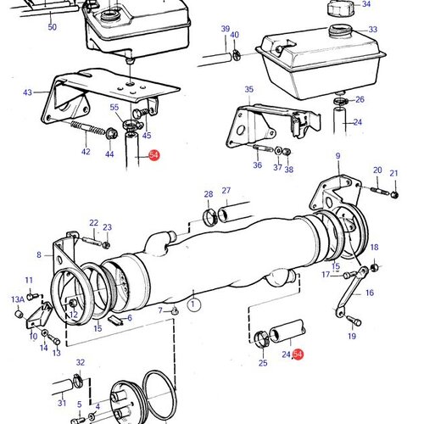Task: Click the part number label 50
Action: point(52,28)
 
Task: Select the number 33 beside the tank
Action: point(372,30)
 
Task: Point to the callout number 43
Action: point(27,92)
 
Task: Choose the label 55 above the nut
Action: point(114,108)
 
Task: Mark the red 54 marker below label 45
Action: point(153,155)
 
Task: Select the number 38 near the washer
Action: point(289,170)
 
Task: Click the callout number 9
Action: point(337,156)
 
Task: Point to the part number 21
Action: point(393,174)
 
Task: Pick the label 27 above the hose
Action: point(226,191)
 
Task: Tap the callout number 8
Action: point(38,254)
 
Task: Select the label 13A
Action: point(18,300)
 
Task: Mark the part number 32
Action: point(80,362)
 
